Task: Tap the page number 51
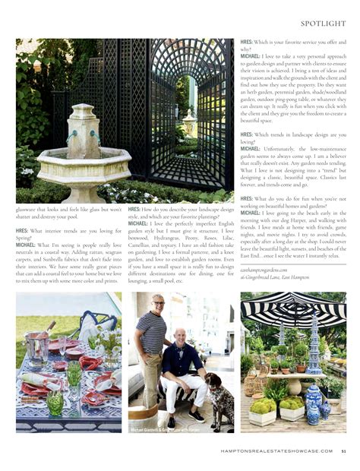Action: pyautogui.click(x=343, y=450)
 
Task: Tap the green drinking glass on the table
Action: pyautogui.click(x=54, y=402)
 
